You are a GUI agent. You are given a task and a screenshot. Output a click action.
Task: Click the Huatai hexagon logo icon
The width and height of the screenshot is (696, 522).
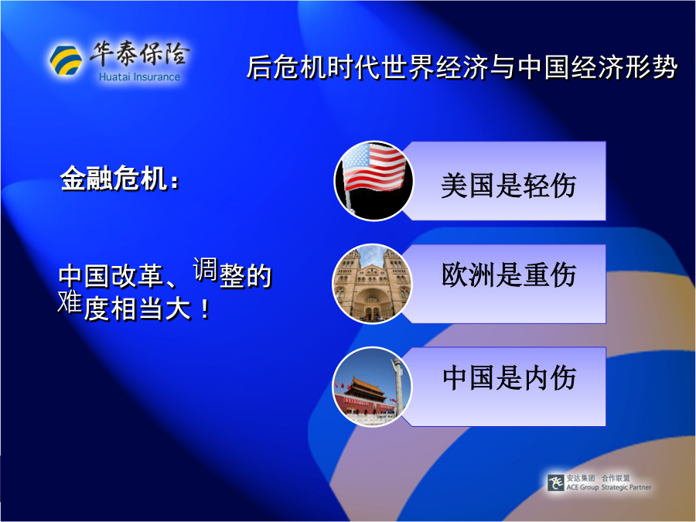click(x=66, y=60)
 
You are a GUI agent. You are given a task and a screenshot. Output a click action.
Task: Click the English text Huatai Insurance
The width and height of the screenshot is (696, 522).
click(x=139, y=77)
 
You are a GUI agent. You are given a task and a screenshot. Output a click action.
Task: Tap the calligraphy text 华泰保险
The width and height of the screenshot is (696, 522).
click(x=140, y=53)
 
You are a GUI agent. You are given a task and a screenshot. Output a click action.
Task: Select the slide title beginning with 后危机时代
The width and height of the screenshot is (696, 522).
click(x=462, y=67)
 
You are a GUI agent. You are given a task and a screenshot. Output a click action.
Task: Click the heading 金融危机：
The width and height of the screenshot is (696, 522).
click(x=119, y=179)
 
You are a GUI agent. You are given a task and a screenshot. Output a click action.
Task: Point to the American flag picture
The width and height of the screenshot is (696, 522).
click(x=374, y=181)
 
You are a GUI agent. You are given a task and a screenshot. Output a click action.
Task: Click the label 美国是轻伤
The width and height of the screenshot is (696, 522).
click(x=508, y=185)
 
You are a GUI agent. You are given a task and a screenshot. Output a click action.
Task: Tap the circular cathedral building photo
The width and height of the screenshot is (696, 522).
click(x=372, y=284)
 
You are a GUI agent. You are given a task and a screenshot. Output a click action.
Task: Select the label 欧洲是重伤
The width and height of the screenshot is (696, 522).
click(x=509, y=275)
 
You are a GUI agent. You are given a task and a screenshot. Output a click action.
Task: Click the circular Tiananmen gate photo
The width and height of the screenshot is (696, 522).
click(x=372, y=387)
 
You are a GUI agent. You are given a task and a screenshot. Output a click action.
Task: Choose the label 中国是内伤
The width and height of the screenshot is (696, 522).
click(x=509, y=377)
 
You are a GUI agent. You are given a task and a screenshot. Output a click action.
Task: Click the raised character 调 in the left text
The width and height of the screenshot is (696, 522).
click(x=205, y=269)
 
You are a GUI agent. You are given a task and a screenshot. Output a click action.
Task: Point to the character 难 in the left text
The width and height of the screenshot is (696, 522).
click(x=70, y=302)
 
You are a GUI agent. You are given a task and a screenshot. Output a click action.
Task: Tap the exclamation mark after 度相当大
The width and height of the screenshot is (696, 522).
click(x=205, y=309)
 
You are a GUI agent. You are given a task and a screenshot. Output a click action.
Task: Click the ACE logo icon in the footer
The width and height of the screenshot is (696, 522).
click(x=555, y=483)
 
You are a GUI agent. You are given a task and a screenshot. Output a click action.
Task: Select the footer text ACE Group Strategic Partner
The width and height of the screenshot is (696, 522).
click(x=609, y=487)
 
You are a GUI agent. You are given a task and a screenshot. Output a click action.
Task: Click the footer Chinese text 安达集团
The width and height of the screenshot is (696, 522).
click(x=581, y=478)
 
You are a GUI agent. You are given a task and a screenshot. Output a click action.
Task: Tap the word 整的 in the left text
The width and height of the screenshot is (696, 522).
click(x=245, y=275)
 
